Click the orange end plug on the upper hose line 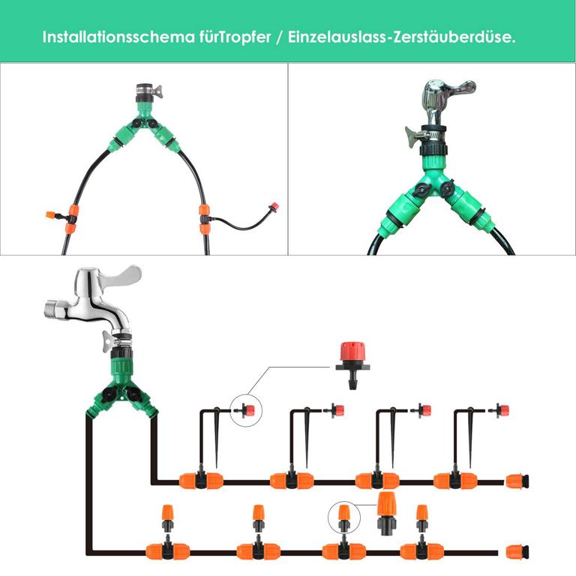[x=518, y=480]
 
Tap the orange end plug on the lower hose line [x=518, y=552]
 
